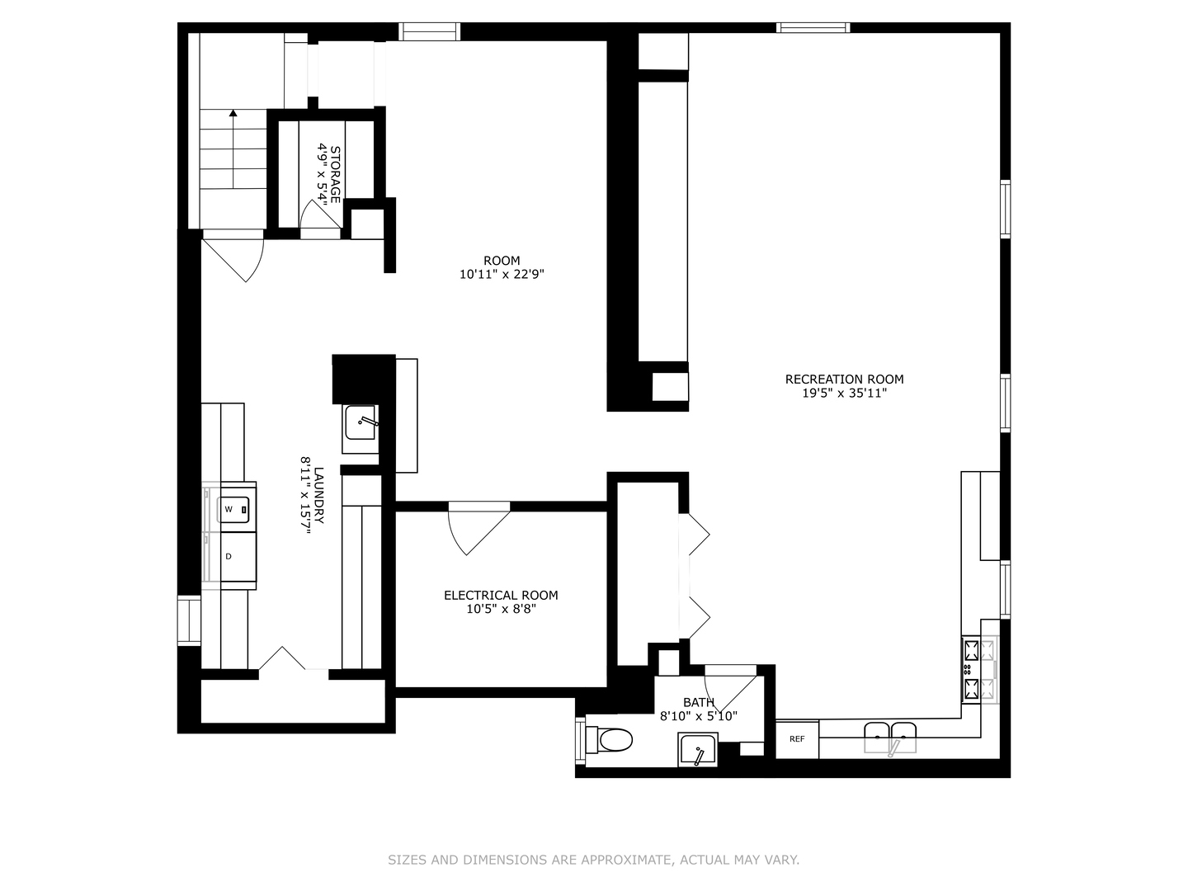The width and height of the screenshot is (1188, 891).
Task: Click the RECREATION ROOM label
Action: tap(844, 379)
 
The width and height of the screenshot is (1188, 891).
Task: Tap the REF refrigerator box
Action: tap(797, 739)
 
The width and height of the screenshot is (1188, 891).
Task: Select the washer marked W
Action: tap(233, 509)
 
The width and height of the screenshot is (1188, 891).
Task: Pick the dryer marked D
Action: tap(233, 557)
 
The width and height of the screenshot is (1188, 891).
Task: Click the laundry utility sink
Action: tap(361, 422)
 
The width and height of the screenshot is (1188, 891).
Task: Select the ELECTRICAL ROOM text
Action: tap(501, 595)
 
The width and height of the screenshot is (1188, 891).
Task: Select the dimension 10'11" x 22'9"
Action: tap(502, 275)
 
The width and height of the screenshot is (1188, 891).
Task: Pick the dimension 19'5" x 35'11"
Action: tap(844, 394)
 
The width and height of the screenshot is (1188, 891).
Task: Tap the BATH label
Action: tap(698, 702)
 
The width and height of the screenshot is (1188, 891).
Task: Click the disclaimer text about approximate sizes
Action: tap(593, 860)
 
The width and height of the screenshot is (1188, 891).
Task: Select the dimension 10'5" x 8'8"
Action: tap(501, 610)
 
